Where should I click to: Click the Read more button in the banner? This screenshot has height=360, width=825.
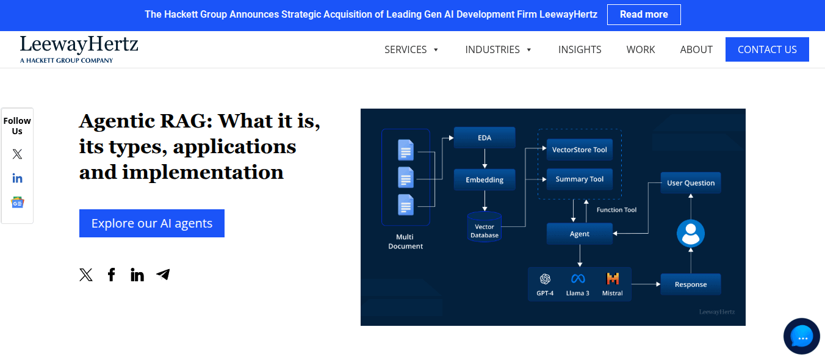[x=644, y=15]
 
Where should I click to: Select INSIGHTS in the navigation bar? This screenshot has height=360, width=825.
[x=580, y=49]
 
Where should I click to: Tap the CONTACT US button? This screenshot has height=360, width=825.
[x=767, y=49]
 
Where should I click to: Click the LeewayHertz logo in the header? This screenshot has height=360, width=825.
[x=79, y=49]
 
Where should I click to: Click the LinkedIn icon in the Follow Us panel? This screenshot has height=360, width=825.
[x=17, y=179]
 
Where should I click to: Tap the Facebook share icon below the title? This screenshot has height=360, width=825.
[x=111, y=275]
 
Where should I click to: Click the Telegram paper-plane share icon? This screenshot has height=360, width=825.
[x=163, y=274]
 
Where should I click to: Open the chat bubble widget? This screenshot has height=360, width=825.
[x=802, y=336]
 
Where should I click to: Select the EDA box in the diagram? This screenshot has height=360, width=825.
[x=485, y=138]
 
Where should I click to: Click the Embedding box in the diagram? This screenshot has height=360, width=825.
[x=485, y=179]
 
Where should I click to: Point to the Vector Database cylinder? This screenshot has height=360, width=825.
[x=485, y=227]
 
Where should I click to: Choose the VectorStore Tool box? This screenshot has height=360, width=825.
[x=579, y=150]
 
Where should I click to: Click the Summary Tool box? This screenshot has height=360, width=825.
[x=579, y=179]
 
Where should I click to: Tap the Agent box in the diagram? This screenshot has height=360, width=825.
[x=579, y=234]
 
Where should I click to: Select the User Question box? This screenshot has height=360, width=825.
[x=691, y=183]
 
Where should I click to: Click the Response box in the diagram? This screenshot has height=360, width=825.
[x=691, y=284]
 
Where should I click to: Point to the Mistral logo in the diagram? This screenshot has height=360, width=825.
[x=613, y=279]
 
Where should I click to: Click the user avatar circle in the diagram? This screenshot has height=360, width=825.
[x=691, y=233]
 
